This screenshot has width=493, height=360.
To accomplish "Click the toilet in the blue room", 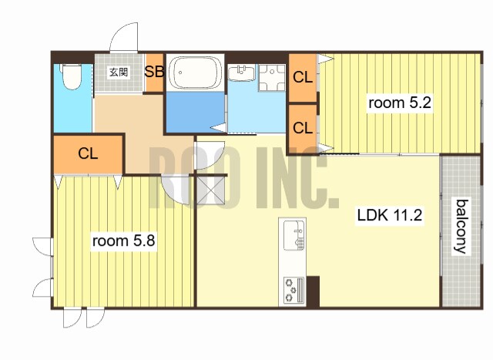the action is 72,76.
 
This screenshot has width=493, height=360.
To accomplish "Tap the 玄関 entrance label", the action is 119,72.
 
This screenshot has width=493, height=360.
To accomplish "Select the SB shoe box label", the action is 154,72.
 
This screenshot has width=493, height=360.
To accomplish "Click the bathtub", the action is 195,72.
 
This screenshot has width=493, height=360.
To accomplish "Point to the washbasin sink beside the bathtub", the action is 241,73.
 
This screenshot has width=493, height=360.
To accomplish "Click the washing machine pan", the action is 272,78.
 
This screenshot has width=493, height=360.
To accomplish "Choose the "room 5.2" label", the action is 399,103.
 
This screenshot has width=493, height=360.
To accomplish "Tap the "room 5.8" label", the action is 123,241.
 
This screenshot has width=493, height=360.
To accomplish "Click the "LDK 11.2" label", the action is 390,215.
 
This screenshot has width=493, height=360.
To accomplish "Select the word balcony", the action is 461,227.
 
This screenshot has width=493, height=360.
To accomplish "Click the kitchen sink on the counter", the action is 294,235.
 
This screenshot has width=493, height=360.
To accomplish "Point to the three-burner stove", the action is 294,290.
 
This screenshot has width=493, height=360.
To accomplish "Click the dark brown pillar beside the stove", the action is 313,291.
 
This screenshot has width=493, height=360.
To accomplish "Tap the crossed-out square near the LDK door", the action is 210,190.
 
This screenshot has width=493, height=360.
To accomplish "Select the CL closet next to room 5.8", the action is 88,154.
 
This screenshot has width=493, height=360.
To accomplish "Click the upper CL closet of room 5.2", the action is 303,77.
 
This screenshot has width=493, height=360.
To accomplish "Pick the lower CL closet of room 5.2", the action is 303,128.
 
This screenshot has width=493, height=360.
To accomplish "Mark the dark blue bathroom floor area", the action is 196,112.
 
